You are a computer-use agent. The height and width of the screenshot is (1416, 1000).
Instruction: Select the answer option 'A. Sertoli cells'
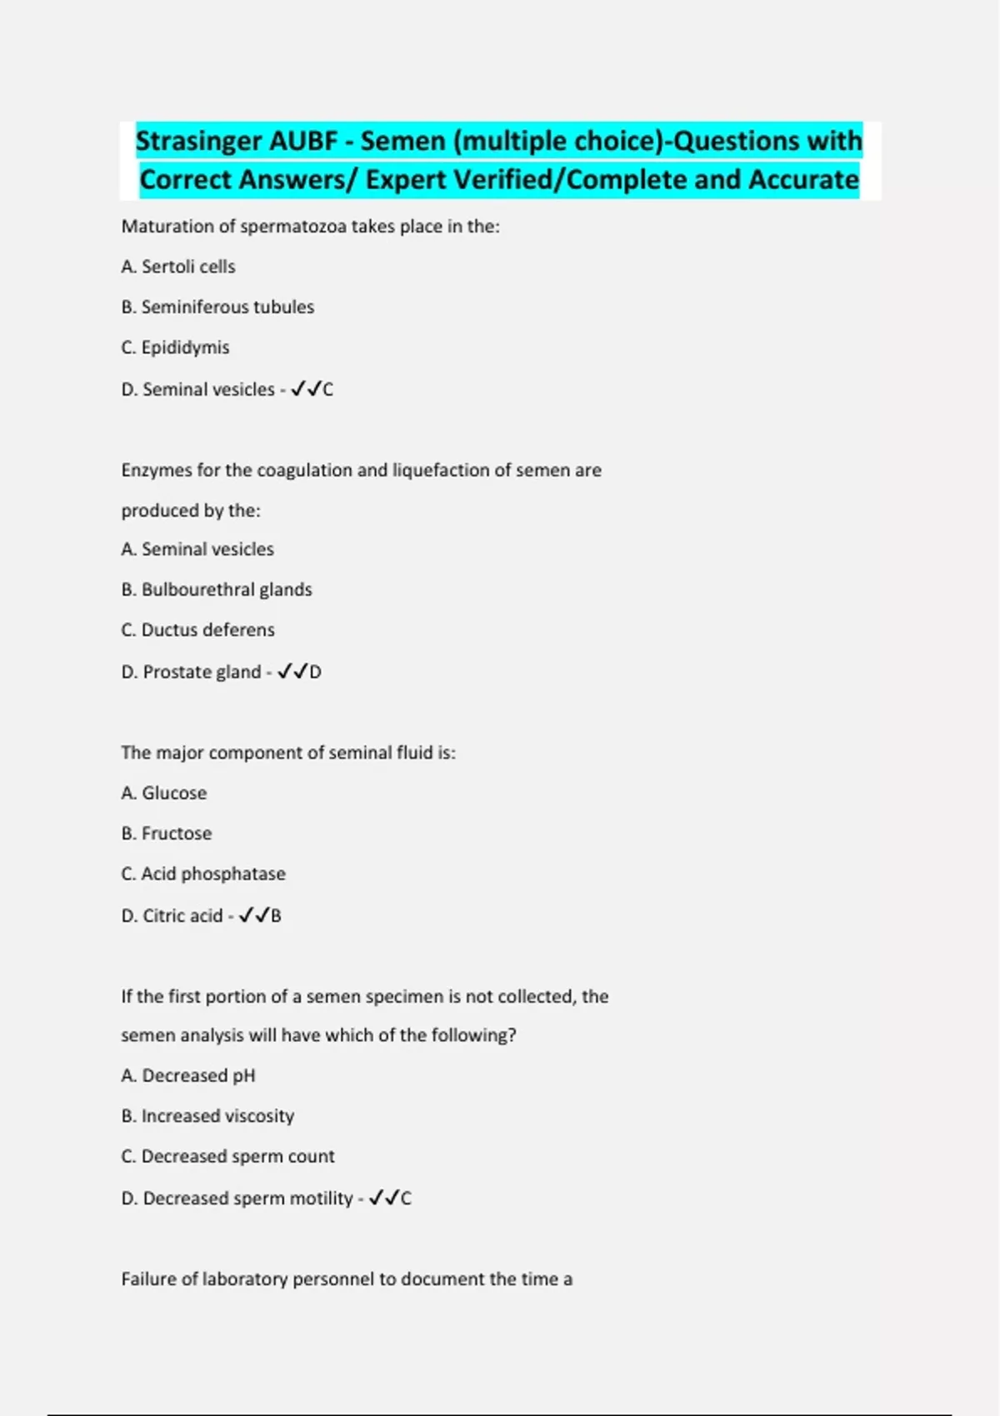pyautogui.click(x=178, y=267)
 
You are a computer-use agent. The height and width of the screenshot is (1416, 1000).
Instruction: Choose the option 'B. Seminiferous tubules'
pyautogui.click(x=217, y=307)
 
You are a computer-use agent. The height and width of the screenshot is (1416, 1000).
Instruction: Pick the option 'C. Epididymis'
pyautogui.click(x=175, y=347)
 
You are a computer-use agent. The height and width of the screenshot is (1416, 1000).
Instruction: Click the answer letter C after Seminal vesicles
pyautogui.click(x=327, y=389)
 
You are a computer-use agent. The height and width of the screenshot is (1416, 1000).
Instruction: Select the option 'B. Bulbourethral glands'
pyautogui.click(x=217, y=590)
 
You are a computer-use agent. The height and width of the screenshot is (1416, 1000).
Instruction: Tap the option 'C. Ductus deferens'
pyautogui.click(x=197, y=630)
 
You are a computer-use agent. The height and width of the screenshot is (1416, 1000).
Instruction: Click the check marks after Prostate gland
pyautogui.click(x=292, y=671)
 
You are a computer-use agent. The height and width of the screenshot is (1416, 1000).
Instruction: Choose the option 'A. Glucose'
pyautogui.click(x=164, y=793)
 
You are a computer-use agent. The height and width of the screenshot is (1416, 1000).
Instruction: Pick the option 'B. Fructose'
pyautogui.click(x=167, y=833)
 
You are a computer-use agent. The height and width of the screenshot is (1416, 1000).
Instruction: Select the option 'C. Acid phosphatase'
pyautogui.click(x=203, y=874)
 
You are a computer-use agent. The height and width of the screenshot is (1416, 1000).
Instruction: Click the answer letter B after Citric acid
pyautogui.click(x=276, y=915)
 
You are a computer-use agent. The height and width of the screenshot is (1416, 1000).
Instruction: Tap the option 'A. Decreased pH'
pyautogui.click(x=188, y=1075)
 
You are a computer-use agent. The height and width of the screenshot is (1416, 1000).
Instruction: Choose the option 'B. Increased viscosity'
pyautogui.click(x=207, y=1116)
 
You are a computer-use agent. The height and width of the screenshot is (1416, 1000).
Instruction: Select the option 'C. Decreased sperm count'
pyautogui.click(x=227, y=1156)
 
